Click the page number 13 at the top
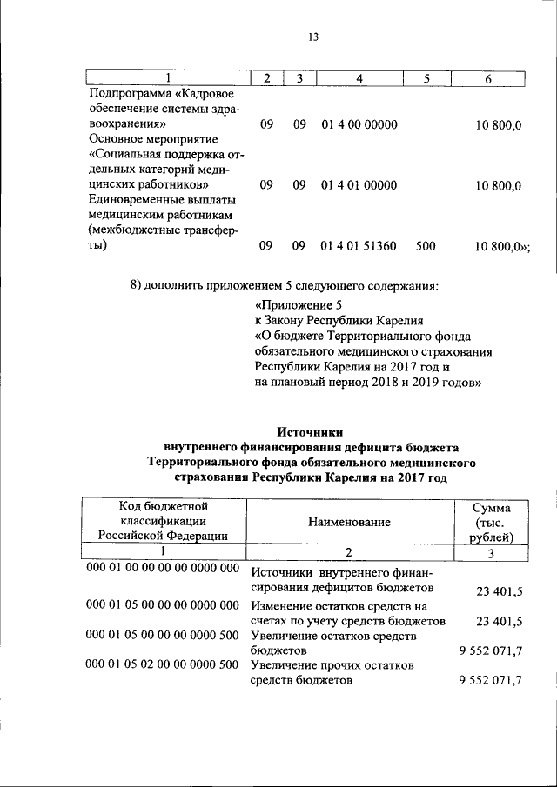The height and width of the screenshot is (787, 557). tap(314, 37)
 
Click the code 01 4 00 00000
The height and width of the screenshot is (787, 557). tap(359, 124)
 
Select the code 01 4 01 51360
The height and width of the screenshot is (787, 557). tap(359, 246)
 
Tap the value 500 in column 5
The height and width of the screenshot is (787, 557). tap(426, 246)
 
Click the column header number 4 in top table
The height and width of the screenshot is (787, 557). tap(359, 79)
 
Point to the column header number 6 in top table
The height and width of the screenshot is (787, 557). tap(488, 79)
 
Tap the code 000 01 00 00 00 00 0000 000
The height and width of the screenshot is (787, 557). tap(163, 568)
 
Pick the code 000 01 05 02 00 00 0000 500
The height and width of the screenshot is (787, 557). tap(163, 664)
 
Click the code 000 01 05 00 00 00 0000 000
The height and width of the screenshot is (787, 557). tap(163, 604)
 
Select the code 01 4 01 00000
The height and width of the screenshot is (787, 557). tap(359, 185)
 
